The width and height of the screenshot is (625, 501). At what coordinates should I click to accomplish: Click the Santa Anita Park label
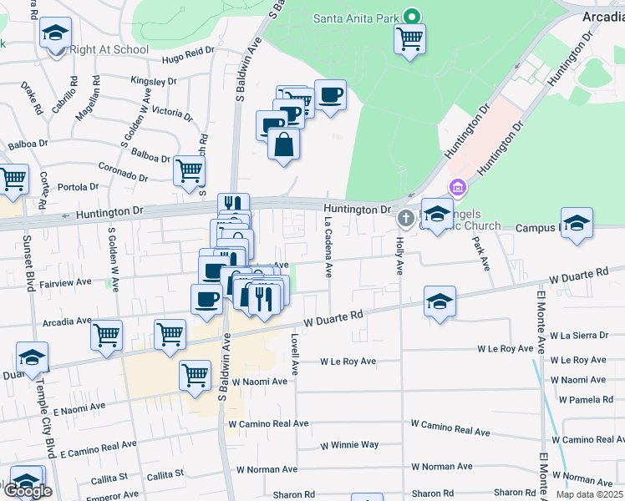click(x=354, y=18)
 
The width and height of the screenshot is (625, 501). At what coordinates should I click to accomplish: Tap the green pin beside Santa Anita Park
click(x=411, y=16)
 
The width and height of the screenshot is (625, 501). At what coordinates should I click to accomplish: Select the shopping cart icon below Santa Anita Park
click(x=409, y=38)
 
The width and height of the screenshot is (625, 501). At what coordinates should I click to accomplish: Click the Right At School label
click(x=109, y=49)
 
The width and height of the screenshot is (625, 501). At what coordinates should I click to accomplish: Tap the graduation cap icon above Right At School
click(x=56, y=34)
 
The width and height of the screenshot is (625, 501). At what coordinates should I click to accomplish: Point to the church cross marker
click(x=406, y=219)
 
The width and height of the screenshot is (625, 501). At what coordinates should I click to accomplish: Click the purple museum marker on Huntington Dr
click(x=456, y=187)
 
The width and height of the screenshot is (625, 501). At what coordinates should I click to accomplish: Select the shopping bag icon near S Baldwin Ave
click(x=284, y=144)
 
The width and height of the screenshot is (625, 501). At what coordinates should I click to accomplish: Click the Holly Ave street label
click(x=399, y=256)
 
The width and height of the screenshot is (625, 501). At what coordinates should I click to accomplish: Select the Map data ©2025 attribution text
click(x=589, y=494)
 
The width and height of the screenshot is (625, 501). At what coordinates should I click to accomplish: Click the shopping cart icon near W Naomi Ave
click(x=196, y=376)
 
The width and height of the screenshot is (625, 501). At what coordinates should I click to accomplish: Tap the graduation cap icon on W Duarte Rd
click(x=440, y=301)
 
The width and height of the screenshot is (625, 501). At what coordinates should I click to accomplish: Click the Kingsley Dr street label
click(x=154, y=82)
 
